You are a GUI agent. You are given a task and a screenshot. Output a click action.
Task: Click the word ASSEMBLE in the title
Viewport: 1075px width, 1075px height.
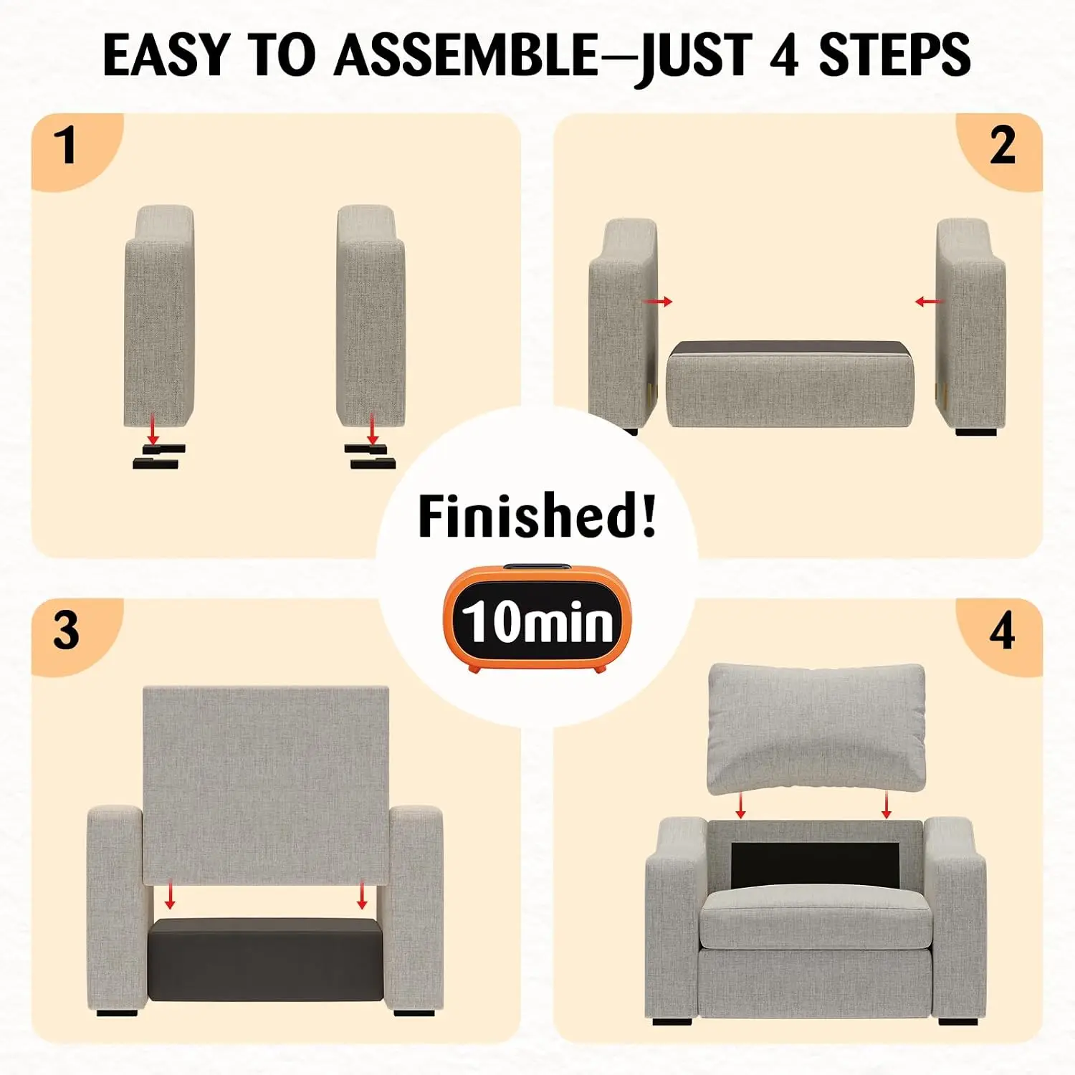(465, 55)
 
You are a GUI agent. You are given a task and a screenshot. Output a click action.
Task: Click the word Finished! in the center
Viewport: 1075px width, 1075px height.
(537, 515)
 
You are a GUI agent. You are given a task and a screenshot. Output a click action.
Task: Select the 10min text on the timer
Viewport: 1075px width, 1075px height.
(537, 621)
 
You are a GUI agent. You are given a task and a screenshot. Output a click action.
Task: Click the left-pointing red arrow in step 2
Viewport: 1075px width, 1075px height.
(930, 302)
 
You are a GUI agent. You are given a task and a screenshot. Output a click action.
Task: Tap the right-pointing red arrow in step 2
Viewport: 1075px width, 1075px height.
(658, 302)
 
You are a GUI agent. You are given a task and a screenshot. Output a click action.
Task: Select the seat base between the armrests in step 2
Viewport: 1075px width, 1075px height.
(790, 384)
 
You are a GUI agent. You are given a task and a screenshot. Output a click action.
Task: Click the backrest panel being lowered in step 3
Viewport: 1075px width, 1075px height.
(266, 785)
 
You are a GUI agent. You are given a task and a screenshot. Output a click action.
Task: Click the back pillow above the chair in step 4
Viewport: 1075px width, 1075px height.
(816, 728)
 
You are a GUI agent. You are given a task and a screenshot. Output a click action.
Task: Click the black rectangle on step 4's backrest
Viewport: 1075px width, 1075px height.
(816, 864)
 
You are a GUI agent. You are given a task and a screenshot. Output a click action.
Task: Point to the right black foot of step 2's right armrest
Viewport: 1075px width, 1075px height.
(976, 432)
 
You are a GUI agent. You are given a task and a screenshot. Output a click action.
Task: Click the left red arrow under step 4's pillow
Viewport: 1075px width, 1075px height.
(741, 805)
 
